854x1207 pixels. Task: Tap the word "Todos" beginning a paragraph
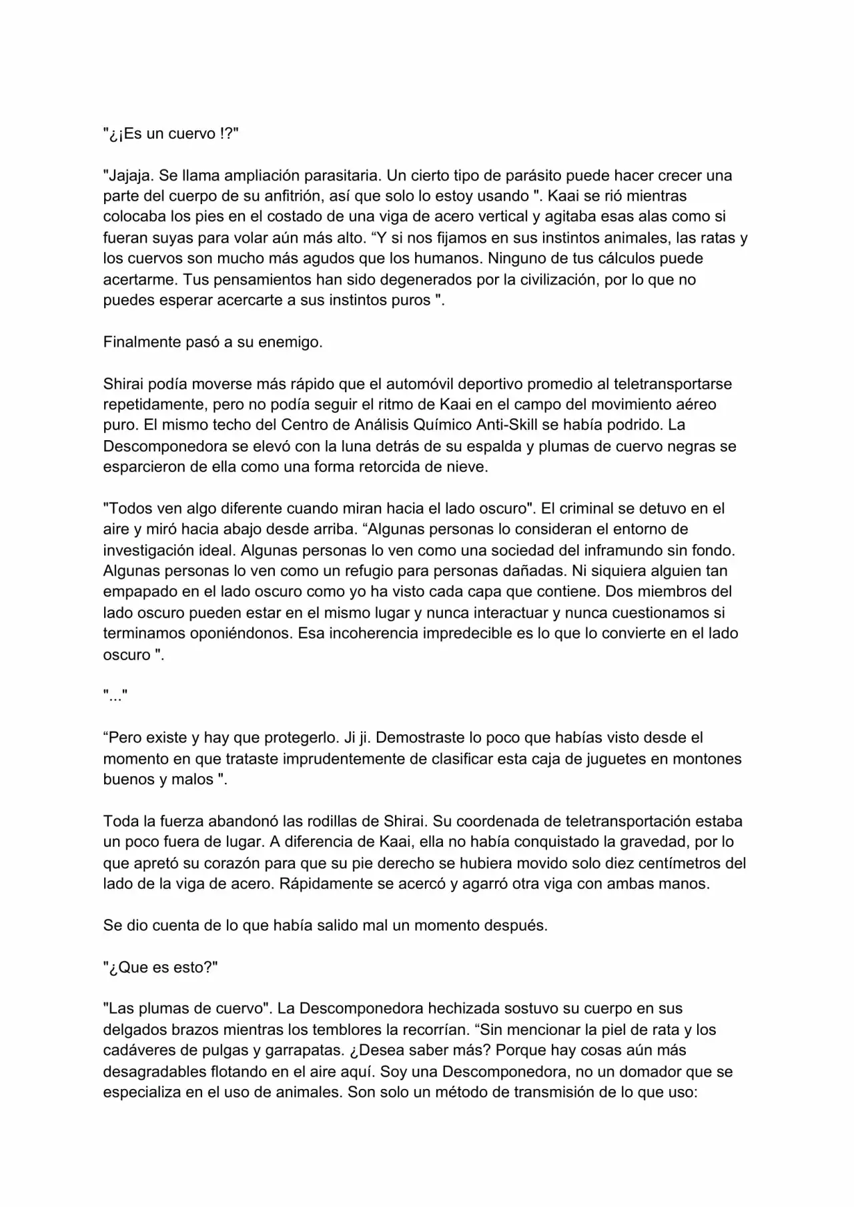pos(128,508)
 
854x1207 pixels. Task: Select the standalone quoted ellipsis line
pos(115,696)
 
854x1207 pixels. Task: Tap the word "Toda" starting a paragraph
pos(121,821)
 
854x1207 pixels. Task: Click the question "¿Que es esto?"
pos(161,967)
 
